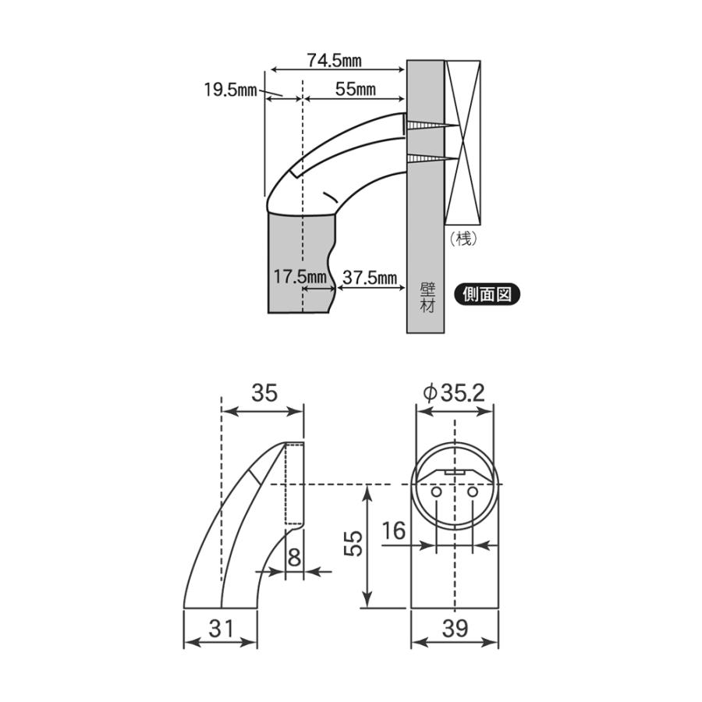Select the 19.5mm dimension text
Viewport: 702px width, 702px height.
coord(230,90)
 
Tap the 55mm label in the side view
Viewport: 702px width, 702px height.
coord(355,89)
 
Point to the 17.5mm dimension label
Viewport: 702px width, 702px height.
coord(300,277)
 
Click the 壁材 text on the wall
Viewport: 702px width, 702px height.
coord(426,295)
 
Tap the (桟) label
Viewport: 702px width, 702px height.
coord(464,239)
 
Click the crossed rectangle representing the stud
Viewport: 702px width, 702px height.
coord(464,140)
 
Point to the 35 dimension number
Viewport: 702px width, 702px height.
coord(264,392)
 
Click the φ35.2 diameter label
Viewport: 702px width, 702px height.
coord(455,392)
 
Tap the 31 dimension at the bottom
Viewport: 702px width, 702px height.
coord(220,627)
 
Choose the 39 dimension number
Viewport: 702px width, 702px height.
coord(455,627)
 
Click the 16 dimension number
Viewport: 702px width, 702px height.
coord(395,532)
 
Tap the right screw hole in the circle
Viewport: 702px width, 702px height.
coord(473,493)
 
